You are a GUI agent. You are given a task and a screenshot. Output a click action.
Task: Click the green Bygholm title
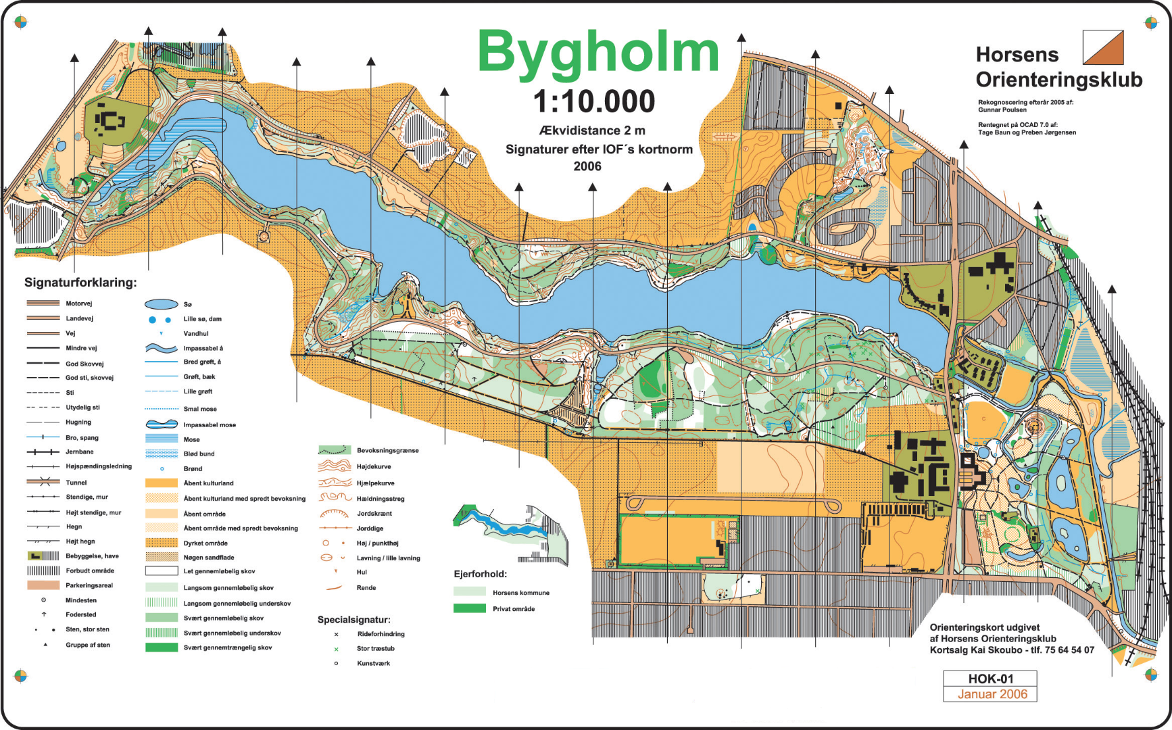click(x=597, y=53)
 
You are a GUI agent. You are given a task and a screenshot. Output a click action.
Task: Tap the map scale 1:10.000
click(x=594, y=102)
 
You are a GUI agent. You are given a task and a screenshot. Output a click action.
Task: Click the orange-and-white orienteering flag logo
click(x=1102, y=47)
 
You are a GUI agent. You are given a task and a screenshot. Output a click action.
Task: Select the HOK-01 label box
click(x=990, y=679)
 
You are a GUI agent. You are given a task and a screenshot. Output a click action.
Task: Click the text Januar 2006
click(x=992, y=694)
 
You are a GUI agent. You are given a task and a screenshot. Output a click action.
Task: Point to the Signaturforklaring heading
click(x=80, y=283)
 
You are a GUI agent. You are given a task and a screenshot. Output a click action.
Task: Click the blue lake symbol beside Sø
click(x=162, y=304)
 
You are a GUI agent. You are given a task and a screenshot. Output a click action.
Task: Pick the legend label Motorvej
click(x=79, y=303)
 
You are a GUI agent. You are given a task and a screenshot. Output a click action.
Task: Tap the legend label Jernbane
click(x=80, y=452)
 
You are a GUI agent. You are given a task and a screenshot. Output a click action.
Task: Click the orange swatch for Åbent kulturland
click(x=161, y=483)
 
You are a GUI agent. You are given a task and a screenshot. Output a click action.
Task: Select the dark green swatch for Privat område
click(x=469, y=608)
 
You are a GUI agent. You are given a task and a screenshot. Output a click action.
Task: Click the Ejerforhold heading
click(x=480, y=574)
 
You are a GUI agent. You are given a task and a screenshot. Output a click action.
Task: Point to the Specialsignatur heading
click(x=353, y=619)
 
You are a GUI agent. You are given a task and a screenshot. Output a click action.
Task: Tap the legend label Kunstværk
click(x=373, y=663)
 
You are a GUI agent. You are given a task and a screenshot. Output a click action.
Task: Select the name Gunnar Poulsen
click(x=1002, y=110)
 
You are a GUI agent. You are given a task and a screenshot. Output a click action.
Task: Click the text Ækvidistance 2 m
click(x=592, y=130)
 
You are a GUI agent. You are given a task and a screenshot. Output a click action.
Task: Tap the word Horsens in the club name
click(x=1017, y=55)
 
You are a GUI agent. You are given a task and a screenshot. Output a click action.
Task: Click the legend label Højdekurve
click(x=373, y=466)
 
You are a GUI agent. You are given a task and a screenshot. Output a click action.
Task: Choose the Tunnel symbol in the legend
click(x=43, y=482)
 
